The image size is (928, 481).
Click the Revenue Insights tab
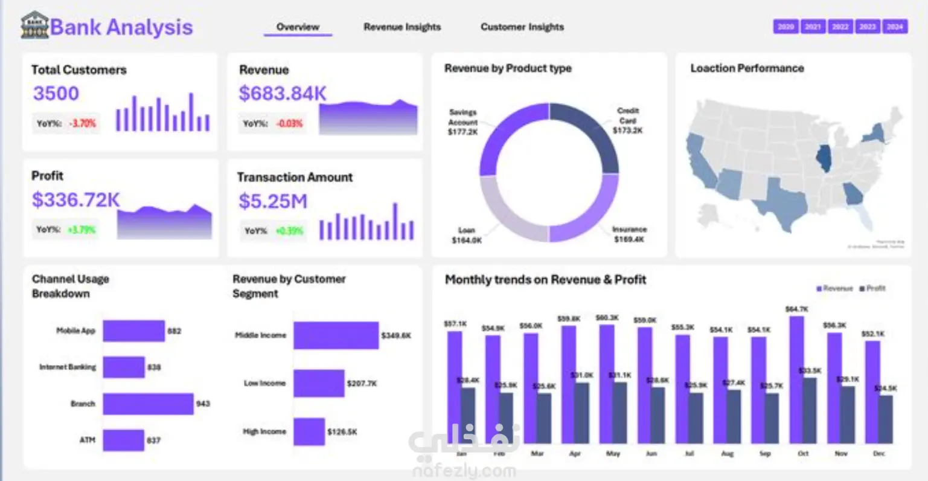[x=402, y=27]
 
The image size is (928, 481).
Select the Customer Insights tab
[x=522, y=27]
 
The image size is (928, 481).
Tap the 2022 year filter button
[x=840, y=27]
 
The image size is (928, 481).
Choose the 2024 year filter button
[x=895, y=27]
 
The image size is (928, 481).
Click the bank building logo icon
[x=34, y=25]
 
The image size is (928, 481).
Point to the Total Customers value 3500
[x=56, y=94]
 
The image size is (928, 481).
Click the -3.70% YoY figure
[x=83, y=123]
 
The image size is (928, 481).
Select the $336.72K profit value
[x=76, y=200]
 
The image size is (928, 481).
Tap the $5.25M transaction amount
[x=273, y=201]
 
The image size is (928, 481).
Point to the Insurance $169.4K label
[x=629, y=234]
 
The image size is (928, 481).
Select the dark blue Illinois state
[x=823, y=158]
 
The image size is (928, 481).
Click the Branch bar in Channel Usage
[x=148, y=404]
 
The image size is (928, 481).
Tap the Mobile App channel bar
[x=133, y=331]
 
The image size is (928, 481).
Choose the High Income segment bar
[x=309, y=431]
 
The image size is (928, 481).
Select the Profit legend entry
[x=872, y=289]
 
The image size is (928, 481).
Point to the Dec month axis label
[x=879, y=453]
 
